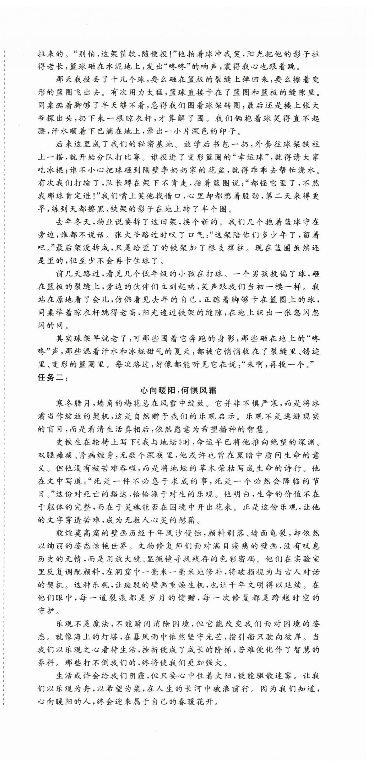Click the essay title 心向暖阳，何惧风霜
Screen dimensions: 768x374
coord(178,391)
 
